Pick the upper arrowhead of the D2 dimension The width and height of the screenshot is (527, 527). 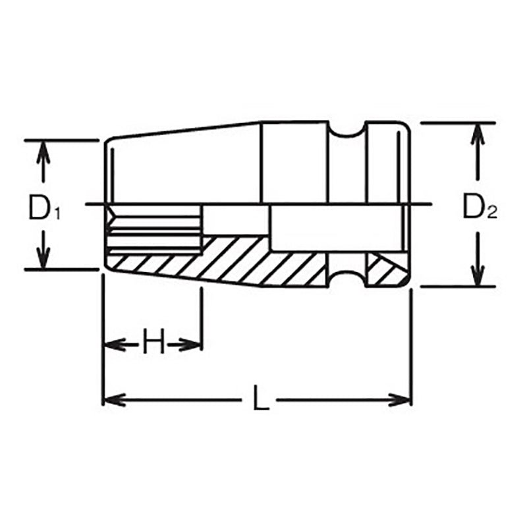[478, 134]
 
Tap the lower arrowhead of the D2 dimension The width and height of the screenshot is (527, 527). [478, 275]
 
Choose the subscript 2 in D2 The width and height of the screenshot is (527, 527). [493, 213]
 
